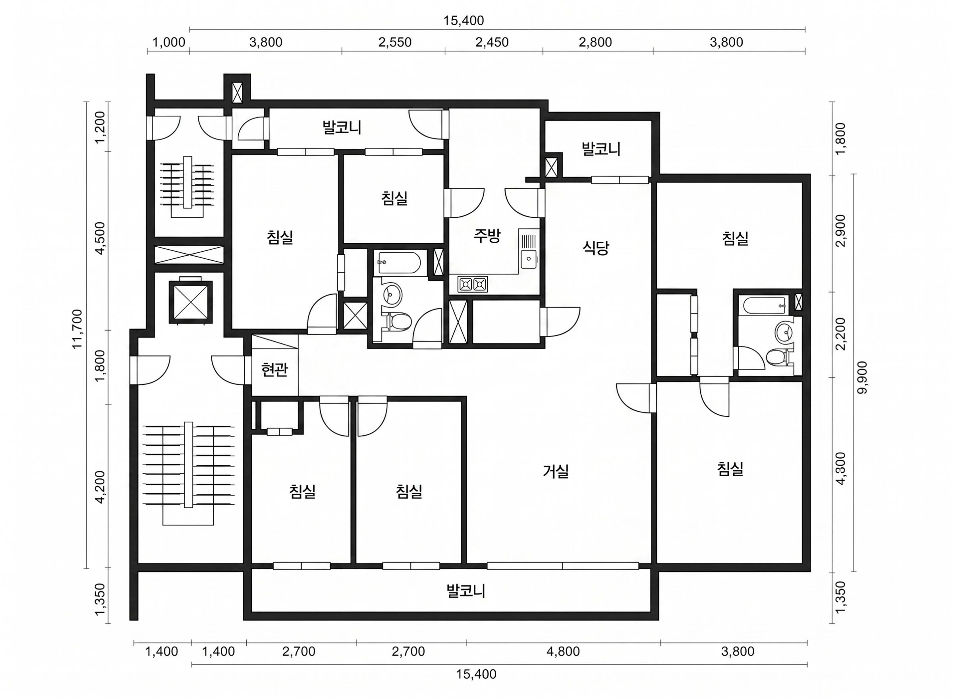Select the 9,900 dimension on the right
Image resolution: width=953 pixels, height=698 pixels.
[x=862, y=377]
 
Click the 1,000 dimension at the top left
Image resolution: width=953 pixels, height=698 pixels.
[x=169, y=42]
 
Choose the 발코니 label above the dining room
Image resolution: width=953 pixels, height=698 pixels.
[x=601, y=149]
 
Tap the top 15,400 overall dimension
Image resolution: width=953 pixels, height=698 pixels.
[x=464, y=20]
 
